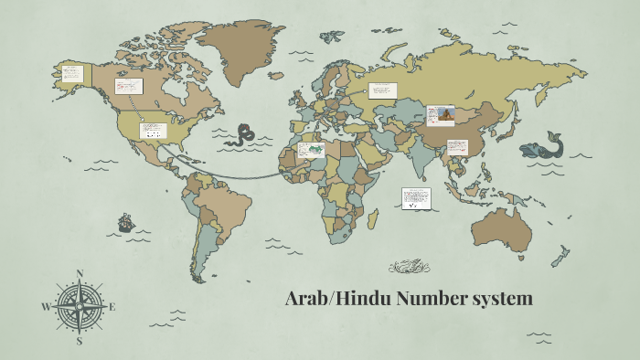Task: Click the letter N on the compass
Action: point(80,273)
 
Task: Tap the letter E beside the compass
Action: point(112,307)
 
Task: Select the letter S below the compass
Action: point(80,341)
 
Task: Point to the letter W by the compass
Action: point(46,307)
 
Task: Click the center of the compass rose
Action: point(80,307)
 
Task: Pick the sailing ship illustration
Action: point(125,222)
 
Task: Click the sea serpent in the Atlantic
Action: point(242,134)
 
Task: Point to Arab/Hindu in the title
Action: point(328,299)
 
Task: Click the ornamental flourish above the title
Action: point(409,267)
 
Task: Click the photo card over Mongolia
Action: point(441,115)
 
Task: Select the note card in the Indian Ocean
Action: point(416,198)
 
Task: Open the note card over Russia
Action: point(382,90)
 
